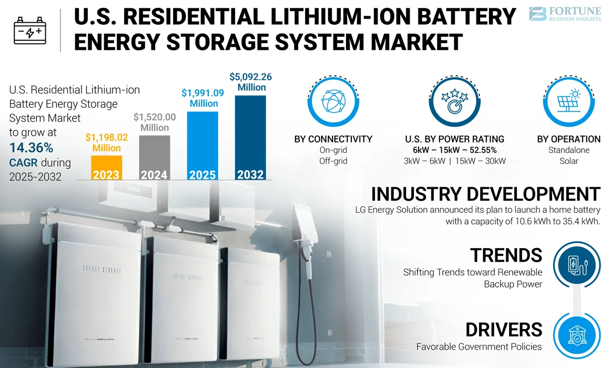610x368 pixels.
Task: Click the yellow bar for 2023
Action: (x=107, y=167)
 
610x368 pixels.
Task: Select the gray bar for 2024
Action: (x=155, y=158)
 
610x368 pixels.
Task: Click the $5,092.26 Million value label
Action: (x=251, y=82)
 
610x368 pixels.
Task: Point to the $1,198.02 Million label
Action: (x=107, y=142)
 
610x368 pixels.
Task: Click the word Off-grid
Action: (x=333, y=161)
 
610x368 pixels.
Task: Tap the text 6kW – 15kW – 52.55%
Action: (x=454, y=150)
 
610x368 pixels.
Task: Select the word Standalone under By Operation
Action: (x=568, y=150)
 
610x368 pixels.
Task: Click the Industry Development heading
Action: (x=485, y=193)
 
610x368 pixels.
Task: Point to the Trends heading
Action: (x=506, y=255)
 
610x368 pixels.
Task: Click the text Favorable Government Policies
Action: (x=479, y=346)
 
